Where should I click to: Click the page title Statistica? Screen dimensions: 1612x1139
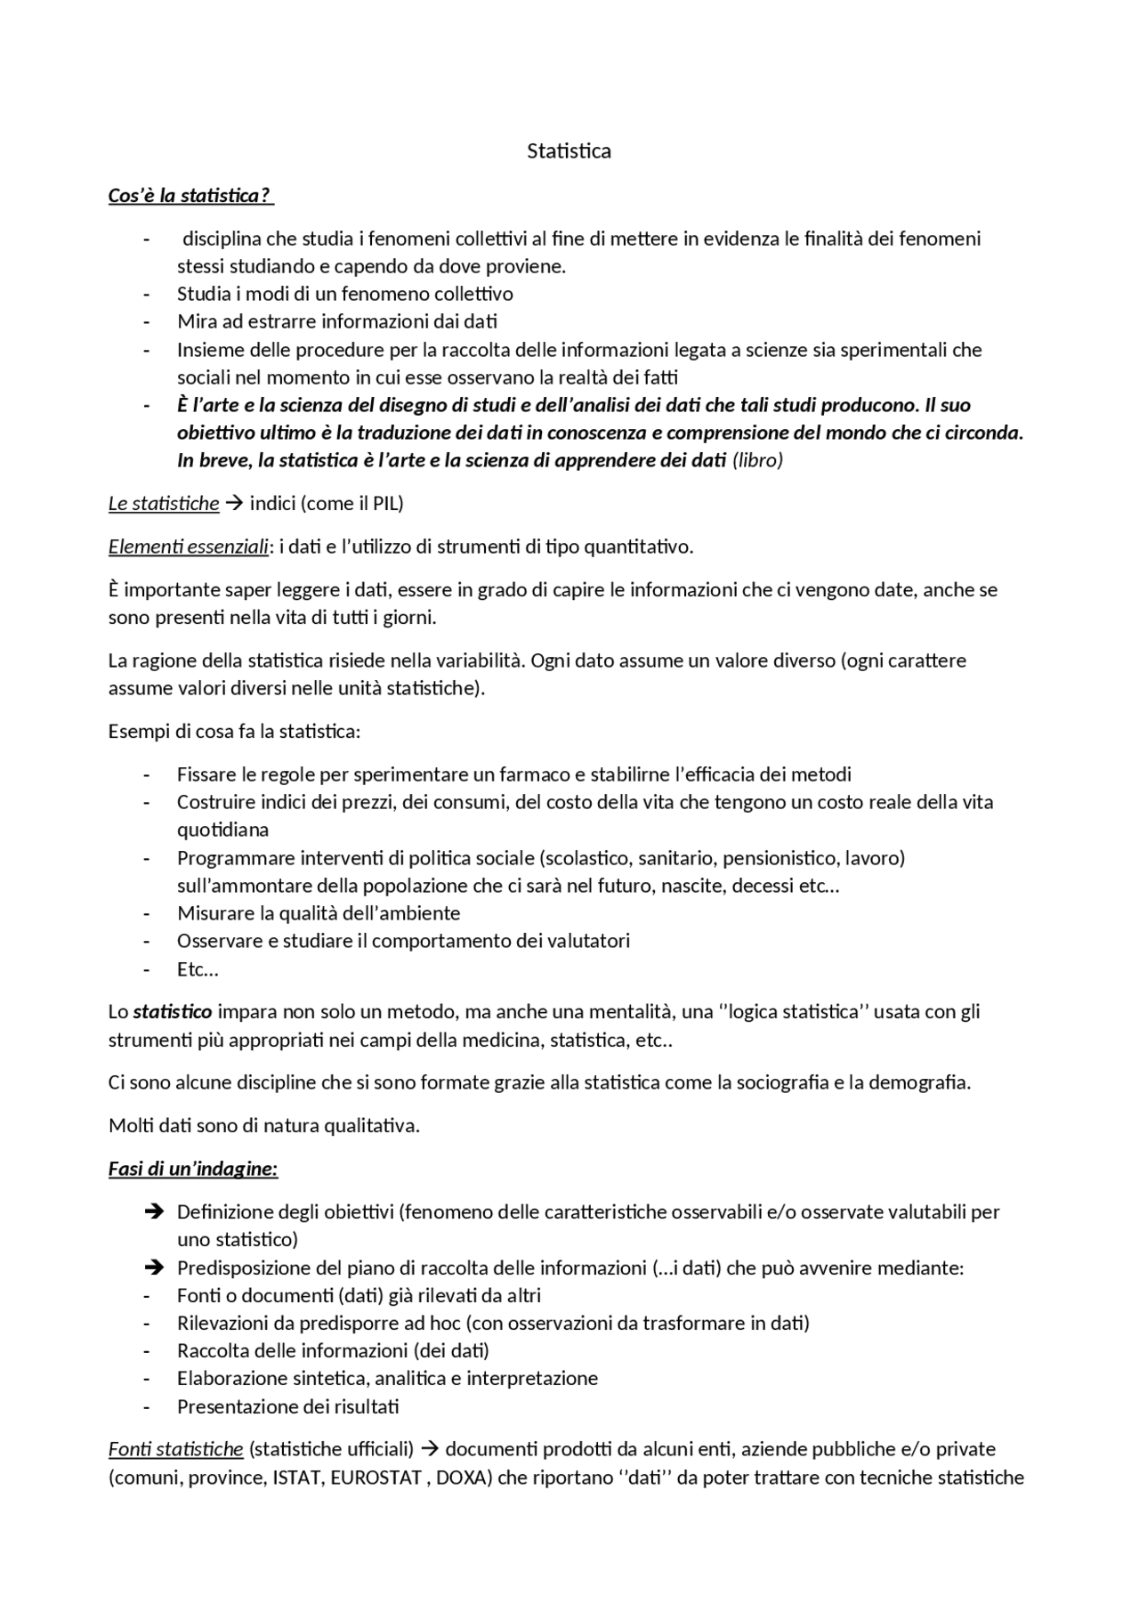tap(569, 151)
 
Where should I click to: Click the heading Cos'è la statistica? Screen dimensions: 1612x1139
tap(190, 195)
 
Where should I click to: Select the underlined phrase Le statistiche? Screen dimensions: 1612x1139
tap(164, 504)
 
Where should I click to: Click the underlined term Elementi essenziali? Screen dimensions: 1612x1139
tap(188, 547)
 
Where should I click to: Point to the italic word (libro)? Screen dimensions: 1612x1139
tap(757, 461)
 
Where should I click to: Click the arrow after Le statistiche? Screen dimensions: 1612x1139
tap(234, 504)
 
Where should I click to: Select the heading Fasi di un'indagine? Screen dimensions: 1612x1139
tap(193, 1169)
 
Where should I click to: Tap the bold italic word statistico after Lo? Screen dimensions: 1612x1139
tap(173, 1012)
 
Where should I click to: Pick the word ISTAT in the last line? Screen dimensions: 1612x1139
tap(298, 1478)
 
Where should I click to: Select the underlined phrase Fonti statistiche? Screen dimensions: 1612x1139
tap(176, 1450)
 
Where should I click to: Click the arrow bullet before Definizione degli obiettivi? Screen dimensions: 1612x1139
tap(152, 1211)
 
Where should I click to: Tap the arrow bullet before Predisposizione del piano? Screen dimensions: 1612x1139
tap(152, 1268)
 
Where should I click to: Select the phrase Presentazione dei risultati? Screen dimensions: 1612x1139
tap(287, 1407)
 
